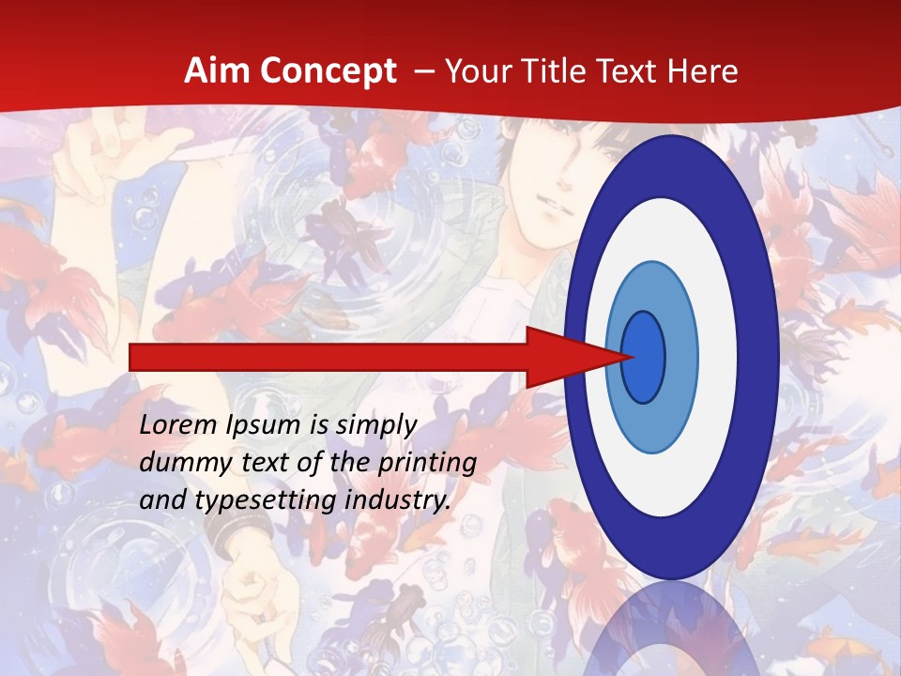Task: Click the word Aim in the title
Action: pyautogui.click(x=212, y=71)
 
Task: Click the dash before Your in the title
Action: pyautogui.click(x=424, y=71)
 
